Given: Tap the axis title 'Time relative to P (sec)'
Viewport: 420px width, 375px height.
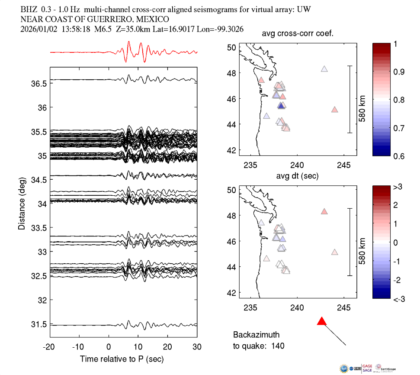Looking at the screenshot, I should [122, 359].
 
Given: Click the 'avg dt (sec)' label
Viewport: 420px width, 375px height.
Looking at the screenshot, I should [298, 176].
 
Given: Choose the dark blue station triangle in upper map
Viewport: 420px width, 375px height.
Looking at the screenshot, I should [281, 106].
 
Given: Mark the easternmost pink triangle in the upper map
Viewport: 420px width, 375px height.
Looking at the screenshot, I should [334, 110].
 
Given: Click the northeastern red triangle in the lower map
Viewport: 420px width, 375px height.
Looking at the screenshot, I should [324, 211].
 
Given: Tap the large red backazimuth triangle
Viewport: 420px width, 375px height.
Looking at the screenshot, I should [321, 321].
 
